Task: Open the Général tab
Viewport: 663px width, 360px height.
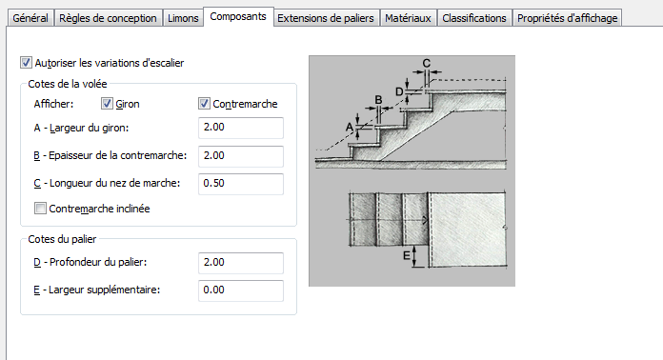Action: click(30, 18)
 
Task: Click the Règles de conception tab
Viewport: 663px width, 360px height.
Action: click(108, 18)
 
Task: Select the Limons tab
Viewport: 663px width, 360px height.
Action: click(183, 18)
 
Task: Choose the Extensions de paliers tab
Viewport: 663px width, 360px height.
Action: click(326, 18)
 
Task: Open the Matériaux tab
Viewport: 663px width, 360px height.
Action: click(408, 18)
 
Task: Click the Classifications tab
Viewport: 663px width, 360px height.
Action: click(474, 18)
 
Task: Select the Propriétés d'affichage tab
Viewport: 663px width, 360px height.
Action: click(568, 18)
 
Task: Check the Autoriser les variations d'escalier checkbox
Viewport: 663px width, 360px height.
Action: click(26, 63)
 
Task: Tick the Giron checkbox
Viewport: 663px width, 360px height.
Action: click(107, 104)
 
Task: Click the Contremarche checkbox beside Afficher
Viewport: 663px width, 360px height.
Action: click(204, 104)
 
